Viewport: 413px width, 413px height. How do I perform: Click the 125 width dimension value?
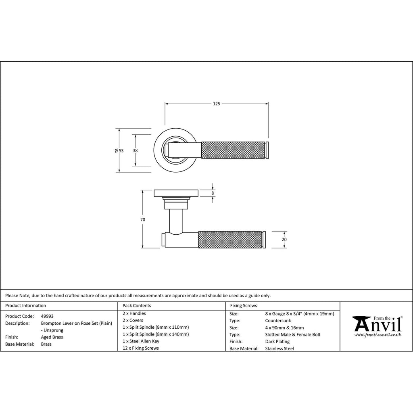[x=217, y=104]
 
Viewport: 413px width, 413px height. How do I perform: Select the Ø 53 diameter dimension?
[x=119, y=151]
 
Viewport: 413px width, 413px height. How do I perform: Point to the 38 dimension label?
[x=135, y=151]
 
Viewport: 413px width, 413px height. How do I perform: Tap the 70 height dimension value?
[x=143, y=220]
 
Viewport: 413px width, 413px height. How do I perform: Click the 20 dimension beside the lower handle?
[x=284, y=240]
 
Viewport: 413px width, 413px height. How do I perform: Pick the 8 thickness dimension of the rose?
[x=213, y=193]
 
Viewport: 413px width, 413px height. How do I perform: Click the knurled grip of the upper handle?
[x=233, y=150]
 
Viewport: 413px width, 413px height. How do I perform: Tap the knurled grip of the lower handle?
[x=229, y=240]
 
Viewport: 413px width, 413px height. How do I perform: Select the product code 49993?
[x=47, y=316]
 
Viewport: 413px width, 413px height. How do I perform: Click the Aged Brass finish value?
[x=52, y=337]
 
